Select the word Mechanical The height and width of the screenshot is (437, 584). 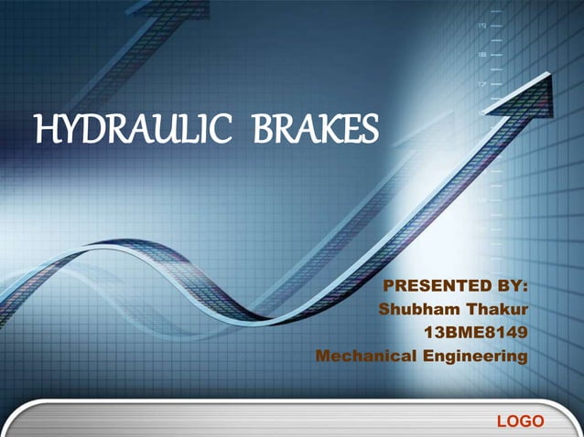coord(365,355)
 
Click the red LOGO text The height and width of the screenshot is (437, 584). coord(520,421)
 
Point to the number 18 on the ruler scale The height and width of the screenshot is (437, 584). coord(482,55)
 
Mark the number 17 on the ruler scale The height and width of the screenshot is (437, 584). coord(482,84)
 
